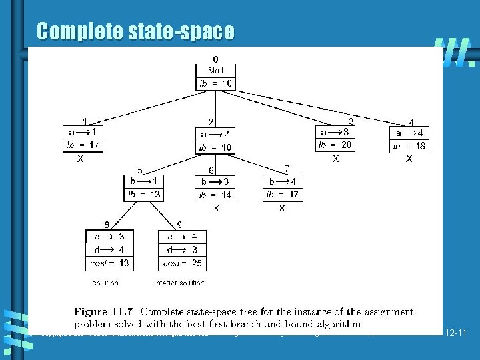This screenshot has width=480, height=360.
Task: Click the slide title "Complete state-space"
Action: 135,31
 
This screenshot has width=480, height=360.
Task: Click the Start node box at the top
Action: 215,77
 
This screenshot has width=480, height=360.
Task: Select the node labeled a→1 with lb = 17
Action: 83,139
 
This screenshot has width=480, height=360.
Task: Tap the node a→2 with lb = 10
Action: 215,140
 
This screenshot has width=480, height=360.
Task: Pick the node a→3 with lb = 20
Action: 335,138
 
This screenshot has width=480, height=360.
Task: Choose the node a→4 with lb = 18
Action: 409,139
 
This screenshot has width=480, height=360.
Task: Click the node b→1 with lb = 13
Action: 144,188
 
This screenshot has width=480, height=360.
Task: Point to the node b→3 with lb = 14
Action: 215,188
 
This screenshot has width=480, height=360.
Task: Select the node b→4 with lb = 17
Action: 282,188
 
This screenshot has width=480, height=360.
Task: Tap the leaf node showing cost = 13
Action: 109,250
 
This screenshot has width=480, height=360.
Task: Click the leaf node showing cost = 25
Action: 182,250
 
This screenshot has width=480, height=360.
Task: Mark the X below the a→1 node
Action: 81,159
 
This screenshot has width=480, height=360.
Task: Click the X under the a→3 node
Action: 335,159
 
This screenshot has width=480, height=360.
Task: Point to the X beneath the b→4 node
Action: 282,209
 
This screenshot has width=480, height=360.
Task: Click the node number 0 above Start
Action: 215,59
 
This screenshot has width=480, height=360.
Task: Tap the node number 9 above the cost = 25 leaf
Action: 179,225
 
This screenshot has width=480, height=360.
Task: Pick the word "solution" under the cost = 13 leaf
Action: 105,283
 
